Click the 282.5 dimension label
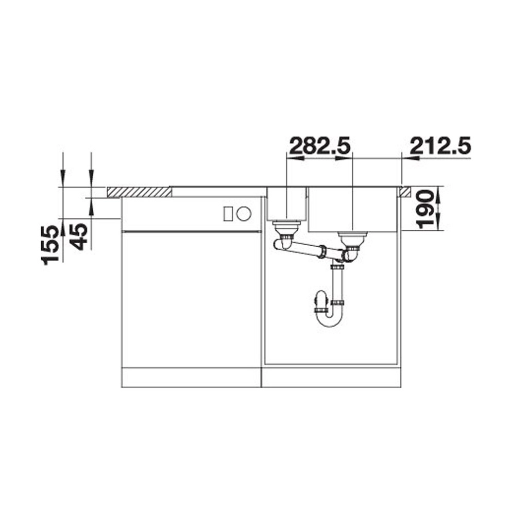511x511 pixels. (320, 146)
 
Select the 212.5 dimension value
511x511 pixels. (440, 146)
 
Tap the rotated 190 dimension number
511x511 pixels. (425, 210)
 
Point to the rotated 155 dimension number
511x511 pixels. (50, 245)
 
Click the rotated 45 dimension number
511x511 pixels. (79, 236)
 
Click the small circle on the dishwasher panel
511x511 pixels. (244, 214)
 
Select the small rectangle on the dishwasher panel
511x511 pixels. (228, 214)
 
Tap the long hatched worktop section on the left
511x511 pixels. (139, 192)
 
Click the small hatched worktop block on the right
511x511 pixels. (406, 192)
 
